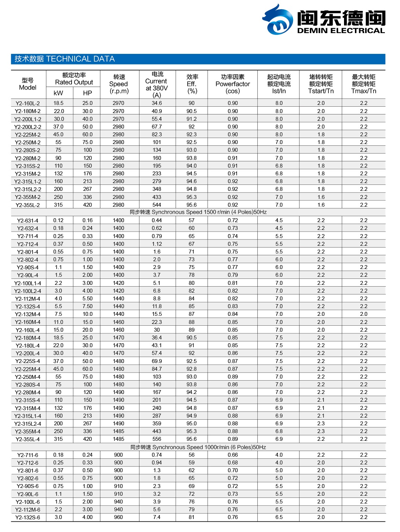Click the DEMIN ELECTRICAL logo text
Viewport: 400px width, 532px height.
tap(341, 31)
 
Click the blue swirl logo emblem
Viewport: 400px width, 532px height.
tap(278, 20)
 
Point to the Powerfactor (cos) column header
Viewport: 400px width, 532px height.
tap(232, 84)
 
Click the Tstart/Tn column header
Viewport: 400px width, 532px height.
tap(321, 84)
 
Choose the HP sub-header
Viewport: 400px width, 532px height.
tap(87, 93)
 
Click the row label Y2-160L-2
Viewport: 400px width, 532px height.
tap(28, 104)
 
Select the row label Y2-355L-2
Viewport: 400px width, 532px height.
tap(28, 205)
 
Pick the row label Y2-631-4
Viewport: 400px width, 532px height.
tap(28, 220)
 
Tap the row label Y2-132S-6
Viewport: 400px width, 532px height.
tap(28, 518)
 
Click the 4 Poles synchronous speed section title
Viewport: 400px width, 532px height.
tap(198, 212)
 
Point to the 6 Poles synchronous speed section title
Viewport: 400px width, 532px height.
tap(198, 447)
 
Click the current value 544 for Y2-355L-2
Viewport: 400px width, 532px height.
tap(157, 205)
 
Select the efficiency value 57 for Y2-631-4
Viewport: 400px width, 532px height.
tap(192, 220)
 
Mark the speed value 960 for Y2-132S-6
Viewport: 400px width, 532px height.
tap(119, 517)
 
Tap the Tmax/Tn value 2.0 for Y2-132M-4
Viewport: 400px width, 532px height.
tap(364, 314)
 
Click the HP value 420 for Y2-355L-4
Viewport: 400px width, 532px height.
tap(87, 439)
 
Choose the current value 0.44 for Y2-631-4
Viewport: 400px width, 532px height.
tap(157, 220)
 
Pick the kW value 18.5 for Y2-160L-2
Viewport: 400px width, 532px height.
tap(58, 103)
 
